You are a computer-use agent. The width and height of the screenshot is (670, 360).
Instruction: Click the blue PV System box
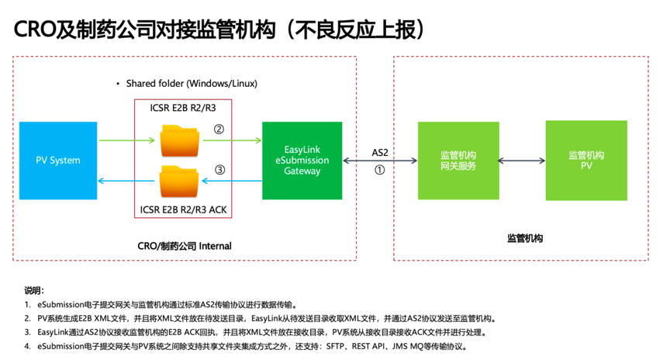pos(58,161)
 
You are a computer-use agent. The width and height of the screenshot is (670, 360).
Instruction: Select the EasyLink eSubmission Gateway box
pos(302,161)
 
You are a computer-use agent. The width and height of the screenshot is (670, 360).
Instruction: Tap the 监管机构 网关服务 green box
pos(458,161)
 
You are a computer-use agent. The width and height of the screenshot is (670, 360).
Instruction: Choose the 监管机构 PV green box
pos(586,161)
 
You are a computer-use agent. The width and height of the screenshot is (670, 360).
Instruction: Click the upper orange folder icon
pos(180,140)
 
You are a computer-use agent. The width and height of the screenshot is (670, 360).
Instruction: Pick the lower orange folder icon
pos(179,182)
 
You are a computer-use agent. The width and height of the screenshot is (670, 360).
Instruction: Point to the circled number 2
pos(219,129)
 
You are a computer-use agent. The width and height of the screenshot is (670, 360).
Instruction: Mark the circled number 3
pos(219,170)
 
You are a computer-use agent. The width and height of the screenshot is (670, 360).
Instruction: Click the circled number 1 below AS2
pos(379,170)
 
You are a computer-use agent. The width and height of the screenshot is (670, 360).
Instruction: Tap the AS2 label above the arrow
pos(380,153)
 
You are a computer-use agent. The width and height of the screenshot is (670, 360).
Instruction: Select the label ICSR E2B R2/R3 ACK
pos(183,210)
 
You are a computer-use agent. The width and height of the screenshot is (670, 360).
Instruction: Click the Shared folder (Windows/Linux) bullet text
pos(192,83)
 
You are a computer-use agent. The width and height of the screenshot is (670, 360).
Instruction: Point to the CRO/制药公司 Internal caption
pos(184,246)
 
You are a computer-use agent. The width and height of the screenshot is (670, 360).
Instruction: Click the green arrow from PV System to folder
pos(127,140)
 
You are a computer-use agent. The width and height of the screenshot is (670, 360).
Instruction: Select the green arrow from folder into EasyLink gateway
pos(232,140)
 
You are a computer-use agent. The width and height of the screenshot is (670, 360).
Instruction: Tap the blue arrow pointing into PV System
pos(126,181)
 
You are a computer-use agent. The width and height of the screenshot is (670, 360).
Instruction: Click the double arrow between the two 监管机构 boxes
pos(522,161)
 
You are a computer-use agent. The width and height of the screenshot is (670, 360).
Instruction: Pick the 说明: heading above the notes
pos(34,291)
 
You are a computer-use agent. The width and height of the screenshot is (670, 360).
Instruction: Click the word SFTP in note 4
pos(335,346)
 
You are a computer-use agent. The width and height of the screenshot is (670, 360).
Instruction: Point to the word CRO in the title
pos(34,30)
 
